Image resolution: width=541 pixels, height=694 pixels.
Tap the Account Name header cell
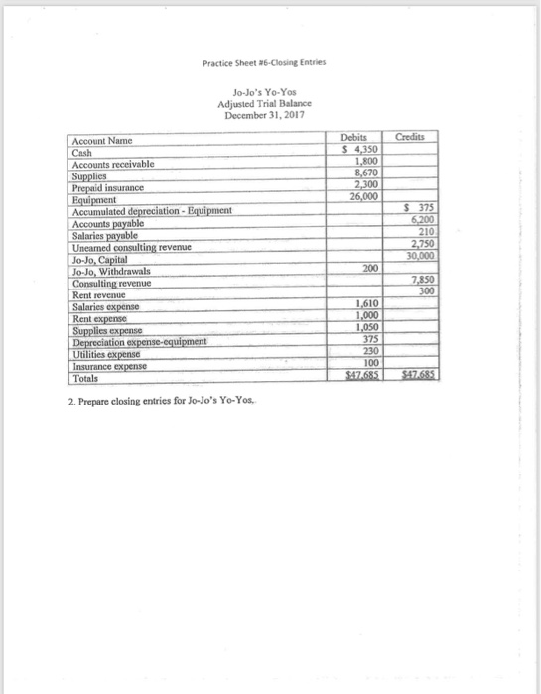tap(101, 143)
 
